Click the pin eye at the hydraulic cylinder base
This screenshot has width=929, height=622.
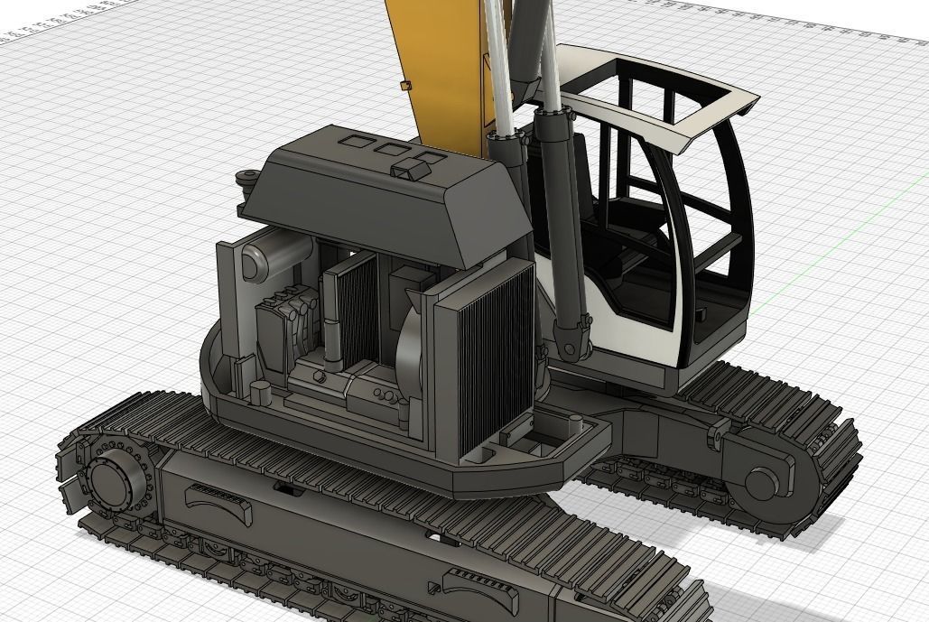click(x=567, y=344)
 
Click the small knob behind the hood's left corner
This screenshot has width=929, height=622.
click(x=244, y=181)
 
